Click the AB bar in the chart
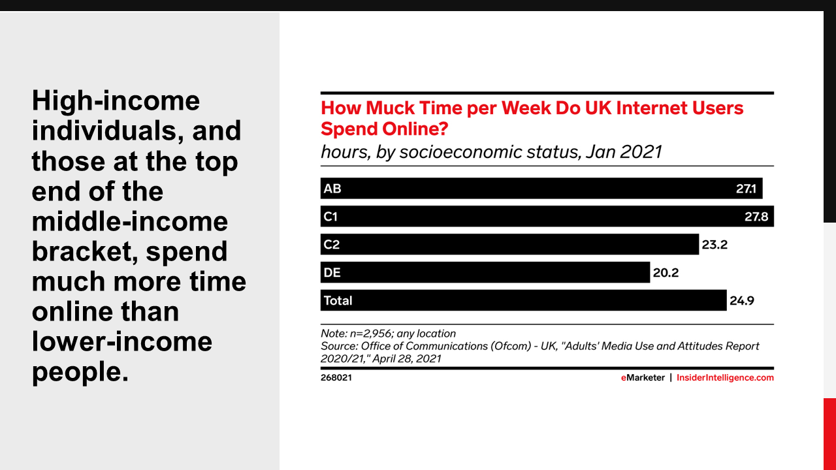[x=541, y=189]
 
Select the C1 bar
[x=547, y=216]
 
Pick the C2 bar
[x=510, y=244]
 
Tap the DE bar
[x=485, y=272]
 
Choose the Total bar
[x=524, y=300]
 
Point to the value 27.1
[x=746, y=189]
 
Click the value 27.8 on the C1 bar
[x=756, y=217]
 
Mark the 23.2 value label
[x=715, y=245]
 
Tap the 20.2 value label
[x=666, y=273]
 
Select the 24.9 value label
[x=742, y=301]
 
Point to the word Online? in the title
[x=415, y=129]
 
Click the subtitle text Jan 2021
[x=624, y=152]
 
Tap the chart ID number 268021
[x=336, y=377]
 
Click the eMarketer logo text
[x=643, y=377]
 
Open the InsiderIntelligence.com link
[x=725, y=377]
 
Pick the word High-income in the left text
[x=116, y=101]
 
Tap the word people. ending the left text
[x=80, y=372]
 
